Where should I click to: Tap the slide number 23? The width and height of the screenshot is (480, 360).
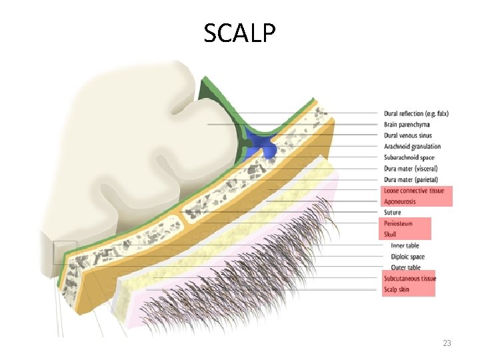click(447, 343)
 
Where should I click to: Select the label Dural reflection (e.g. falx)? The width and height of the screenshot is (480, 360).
click(416, 113)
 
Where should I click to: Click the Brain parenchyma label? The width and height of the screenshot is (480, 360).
click(407, 125)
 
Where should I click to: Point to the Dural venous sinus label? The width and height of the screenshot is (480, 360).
click(408, 135)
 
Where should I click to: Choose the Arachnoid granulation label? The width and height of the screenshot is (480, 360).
click(412, 147)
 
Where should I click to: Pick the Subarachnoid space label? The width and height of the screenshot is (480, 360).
click(409, 157)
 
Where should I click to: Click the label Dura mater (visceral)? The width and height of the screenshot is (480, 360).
click(410, 169)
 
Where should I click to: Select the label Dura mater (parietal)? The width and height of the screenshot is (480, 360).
click(411, 179)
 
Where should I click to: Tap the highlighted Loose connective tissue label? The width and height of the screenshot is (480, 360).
click(413, 191)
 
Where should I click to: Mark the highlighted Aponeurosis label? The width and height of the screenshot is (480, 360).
click(400, 201)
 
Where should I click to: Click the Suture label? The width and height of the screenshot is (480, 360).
click(393, 213)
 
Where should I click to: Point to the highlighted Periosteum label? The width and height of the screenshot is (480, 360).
click(399, 223)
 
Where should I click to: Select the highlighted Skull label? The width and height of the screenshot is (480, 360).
click(391, 235)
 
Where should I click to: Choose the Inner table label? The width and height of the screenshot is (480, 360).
click(405, 245)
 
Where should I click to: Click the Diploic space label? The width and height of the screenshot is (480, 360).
click(407, 257)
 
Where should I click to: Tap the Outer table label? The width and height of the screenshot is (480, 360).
click(405, 267)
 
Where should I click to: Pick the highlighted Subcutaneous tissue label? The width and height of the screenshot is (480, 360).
click(410, 279)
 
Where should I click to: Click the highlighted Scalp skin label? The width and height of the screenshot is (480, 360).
click(397, 289)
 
